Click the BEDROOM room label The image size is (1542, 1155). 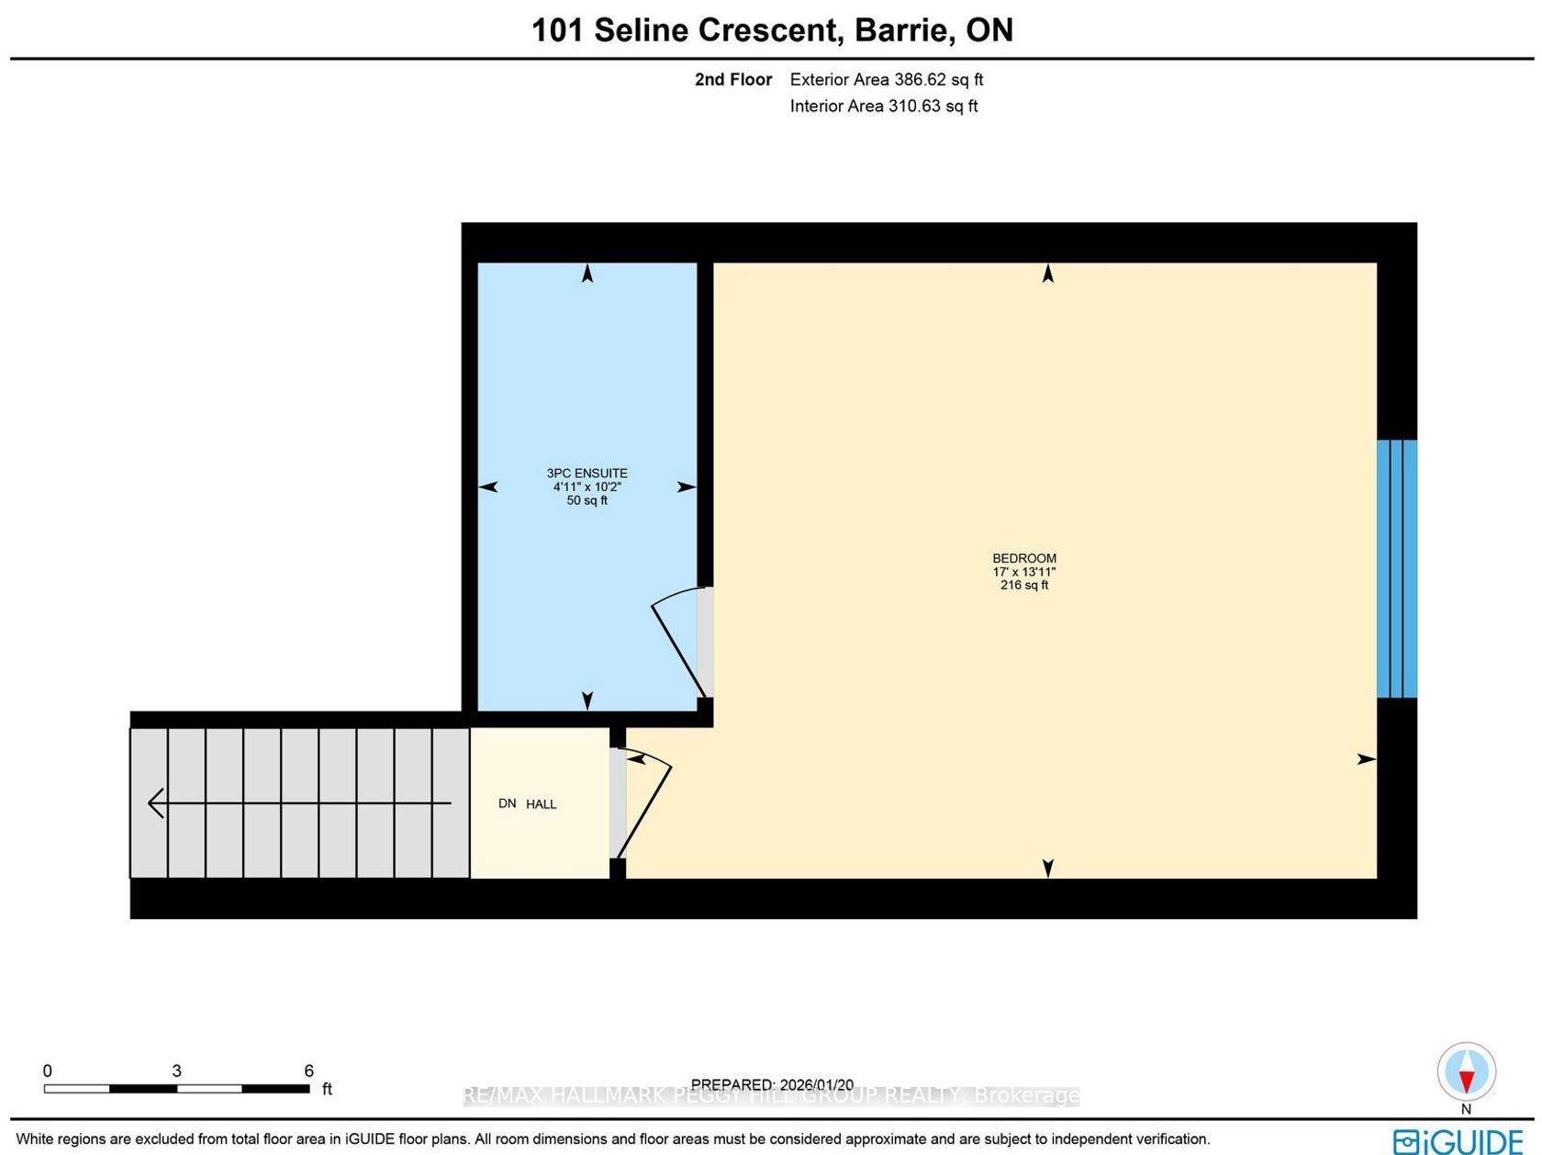(x=1023, y=558)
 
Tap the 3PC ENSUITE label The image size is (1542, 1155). (x=587, y=474)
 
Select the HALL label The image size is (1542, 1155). (x=541, y=804)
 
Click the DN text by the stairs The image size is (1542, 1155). (x=508, y=803)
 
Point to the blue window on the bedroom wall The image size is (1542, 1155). (x=1397, y=569)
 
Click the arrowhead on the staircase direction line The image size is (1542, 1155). (x=155, y=803)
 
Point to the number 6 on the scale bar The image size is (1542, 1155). (x=308, y=1071)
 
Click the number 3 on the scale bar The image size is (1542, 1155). (x=176, y=1071)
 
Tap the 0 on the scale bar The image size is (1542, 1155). (x=47, y=1071)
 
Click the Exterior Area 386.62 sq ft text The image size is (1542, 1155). (x=887, y=79)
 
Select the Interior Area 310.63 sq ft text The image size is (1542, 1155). (x=884, y=107)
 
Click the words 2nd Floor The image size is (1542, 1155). (x=733, y=79)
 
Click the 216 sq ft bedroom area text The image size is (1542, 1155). (x=1024, y=585)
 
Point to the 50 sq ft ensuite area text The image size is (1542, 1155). (x=587, y=500)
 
